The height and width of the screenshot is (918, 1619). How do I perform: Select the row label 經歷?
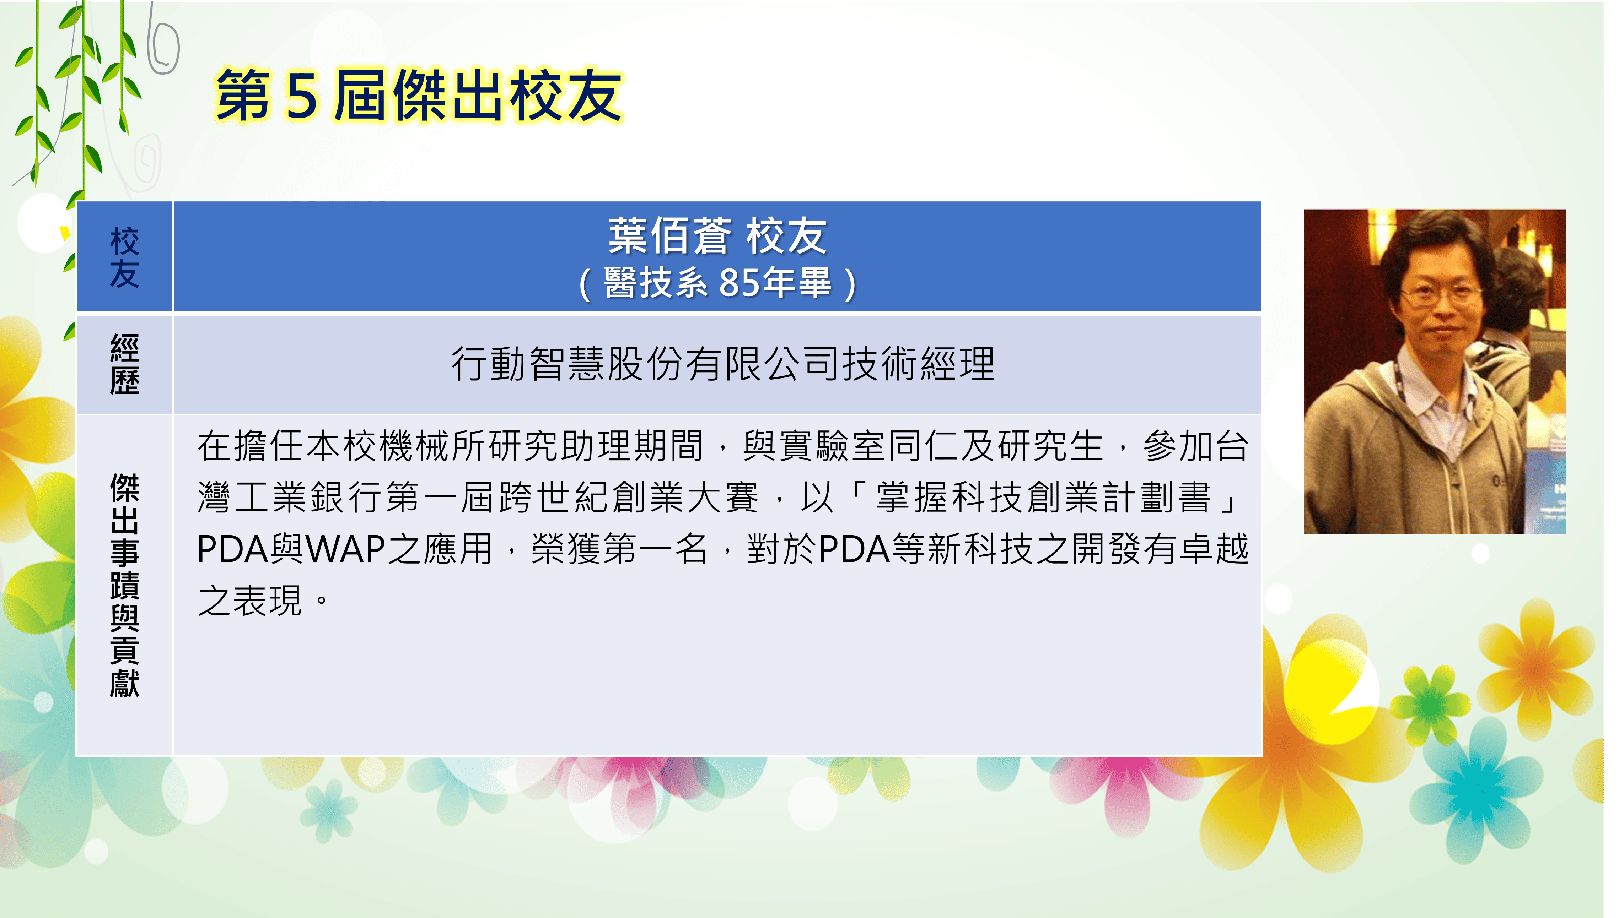(x=124, y=364)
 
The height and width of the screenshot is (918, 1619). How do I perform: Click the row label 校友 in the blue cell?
(x=124, y=257)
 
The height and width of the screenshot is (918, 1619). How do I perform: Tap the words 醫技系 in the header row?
(x=656, y=282)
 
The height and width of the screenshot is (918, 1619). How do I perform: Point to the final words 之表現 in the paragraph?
(x=251, y=600)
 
